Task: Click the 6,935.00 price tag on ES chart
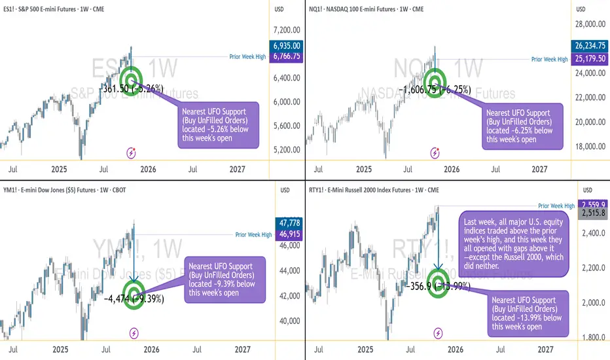click(x=287, y=46)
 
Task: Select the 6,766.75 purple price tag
click(x=287, y=58)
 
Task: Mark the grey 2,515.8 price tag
click(x=593, y=213)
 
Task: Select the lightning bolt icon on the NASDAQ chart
click(x=435, y=153)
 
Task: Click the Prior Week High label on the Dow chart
click(x=253, y=235)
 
